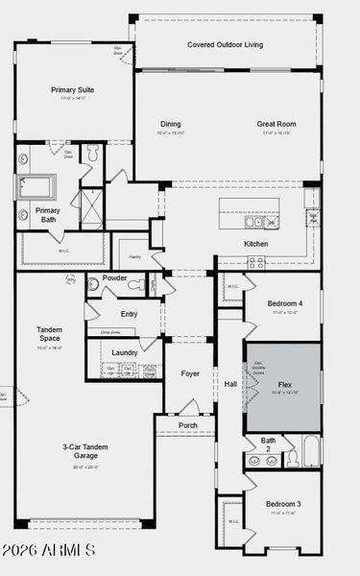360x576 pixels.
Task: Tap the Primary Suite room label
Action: [75, 90]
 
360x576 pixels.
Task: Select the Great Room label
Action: [276, 124]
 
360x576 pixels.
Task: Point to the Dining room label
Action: [170, 124]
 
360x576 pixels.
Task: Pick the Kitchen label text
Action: [255, 244]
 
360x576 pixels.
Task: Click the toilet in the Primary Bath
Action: [94, 154]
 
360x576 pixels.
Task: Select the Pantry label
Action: [133, 257]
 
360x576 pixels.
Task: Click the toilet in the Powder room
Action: [138, 284]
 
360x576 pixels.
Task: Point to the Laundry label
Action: [125, 352]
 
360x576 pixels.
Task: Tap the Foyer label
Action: [190, 373]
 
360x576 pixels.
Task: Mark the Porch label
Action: [188, 425]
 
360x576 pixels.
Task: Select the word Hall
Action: [230, 385]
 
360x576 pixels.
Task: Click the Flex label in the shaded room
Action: [283, 385]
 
